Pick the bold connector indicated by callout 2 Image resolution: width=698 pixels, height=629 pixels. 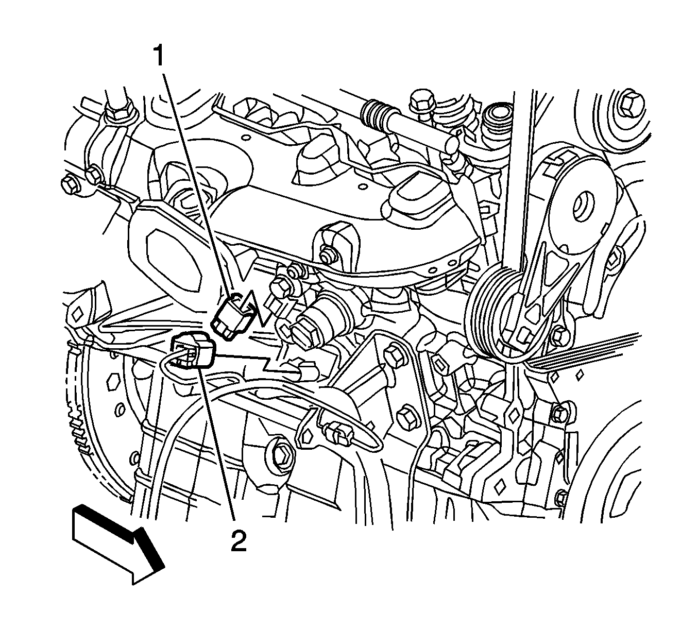pyautogui.click(x=192, y=350)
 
